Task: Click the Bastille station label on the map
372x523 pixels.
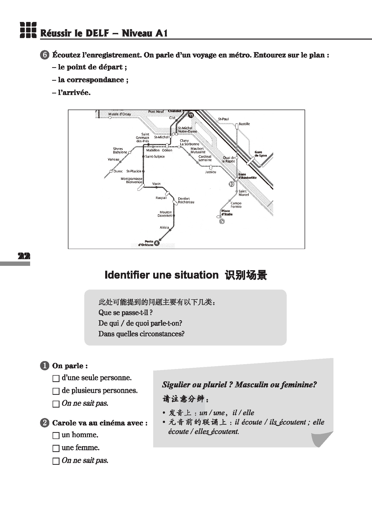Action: [244, 124]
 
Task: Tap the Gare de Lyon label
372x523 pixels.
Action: [260, 154]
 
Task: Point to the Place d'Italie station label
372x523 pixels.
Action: [227, 213]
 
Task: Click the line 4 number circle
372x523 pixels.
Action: [157, 243]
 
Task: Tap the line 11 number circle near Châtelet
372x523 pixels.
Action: [191, 115]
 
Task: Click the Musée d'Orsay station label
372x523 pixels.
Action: [119, 114]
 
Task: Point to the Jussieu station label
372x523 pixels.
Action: [210, 172]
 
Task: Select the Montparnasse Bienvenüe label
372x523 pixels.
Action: [131, 181]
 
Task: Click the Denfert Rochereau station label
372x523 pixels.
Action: [186, 200]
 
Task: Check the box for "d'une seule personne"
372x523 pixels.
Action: [56, 378]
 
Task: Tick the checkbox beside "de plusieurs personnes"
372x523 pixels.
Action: [56, 391]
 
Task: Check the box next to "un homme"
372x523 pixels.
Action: [56, 435]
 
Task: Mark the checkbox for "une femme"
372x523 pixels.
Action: [56, 448]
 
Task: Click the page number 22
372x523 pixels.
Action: [24, 256]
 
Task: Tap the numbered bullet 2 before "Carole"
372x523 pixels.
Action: [44, 423]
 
